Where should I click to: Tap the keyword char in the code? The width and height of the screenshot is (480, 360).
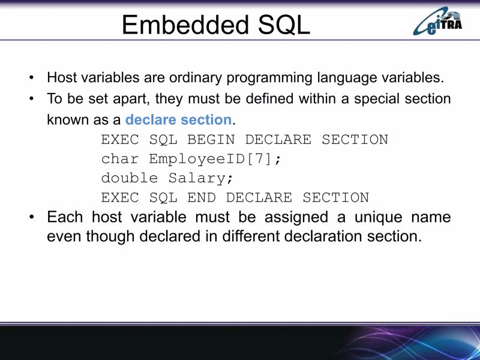pos(120,159)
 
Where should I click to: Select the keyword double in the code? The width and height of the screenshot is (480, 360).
pos(130,178)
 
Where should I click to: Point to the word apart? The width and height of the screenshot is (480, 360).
pos(131,99)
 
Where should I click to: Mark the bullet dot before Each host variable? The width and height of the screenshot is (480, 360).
pos(31,217)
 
